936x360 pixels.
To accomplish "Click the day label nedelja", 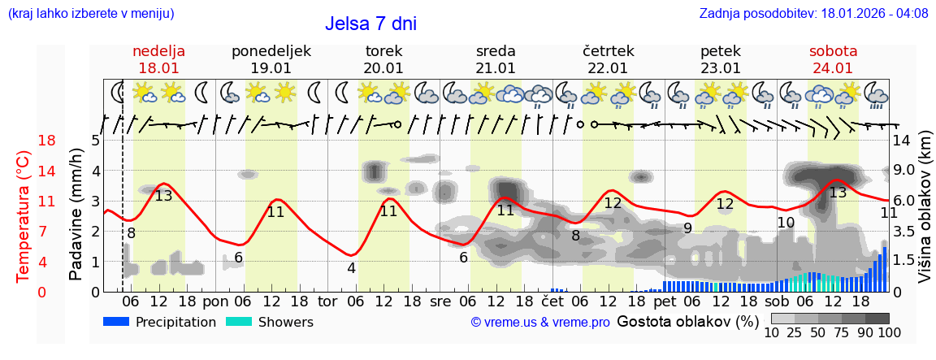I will click(159, 51).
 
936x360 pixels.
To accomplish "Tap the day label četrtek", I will click(608, 51).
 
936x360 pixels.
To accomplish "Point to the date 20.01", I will click(383, 68).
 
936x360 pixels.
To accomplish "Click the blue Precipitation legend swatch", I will click(117, 322).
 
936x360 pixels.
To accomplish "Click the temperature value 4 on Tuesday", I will click(351, 268).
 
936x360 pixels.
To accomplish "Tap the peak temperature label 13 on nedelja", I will click(164, 196).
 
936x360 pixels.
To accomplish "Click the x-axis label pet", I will click(664, 301).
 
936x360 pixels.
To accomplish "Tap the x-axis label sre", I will click(440, 301).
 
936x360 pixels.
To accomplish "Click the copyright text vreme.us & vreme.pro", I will click(540, 323).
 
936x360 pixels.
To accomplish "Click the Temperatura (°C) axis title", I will click(24, 215).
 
